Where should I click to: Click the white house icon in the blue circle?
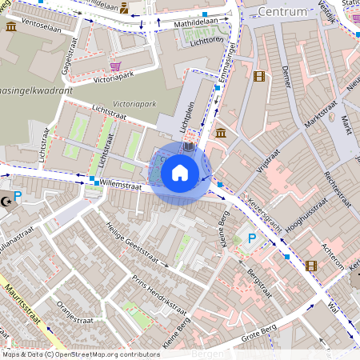[x=180, y=171]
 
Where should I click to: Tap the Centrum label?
[x=283, y=12]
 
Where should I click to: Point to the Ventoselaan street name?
[x=43, y=26]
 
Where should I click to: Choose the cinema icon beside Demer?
[x=258, y=77]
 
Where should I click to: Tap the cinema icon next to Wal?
[x=312, y=265]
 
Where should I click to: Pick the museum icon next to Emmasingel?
[x=220, y=132]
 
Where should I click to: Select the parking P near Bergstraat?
[x=252, y=238]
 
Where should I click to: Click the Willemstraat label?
[x=121, y=186]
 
